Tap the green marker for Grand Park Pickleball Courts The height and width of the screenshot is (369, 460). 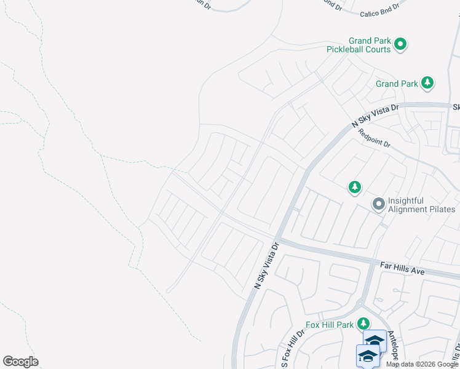[x=401, y=44]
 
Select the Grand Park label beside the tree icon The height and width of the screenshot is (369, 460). [x=397, y=84]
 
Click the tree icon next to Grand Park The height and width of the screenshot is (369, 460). [x=427, y=83]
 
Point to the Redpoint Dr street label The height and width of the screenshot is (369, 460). [x=375, y=135]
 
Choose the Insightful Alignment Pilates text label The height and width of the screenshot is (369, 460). [x=421, y=205]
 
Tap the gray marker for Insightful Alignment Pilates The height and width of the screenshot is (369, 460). [x=378, y=203]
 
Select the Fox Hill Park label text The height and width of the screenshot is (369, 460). [x=330, y=325]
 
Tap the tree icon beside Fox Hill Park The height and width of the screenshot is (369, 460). [x=363, y=323]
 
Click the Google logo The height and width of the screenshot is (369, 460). [x=20, y=362]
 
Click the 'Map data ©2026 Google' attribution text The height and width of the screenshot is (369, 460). [x=422, y=364]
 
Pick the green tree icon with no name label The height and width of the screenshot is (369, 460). [x=354, y=187]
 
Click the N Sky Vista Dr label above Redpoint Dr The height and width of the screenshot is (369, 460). [x=375, y=116]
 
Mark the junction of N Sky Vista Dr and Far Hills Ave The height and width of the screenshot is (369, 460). [x=278, y=239]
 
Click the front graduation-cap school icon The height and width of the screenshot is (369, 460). [x=368, y=356]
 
